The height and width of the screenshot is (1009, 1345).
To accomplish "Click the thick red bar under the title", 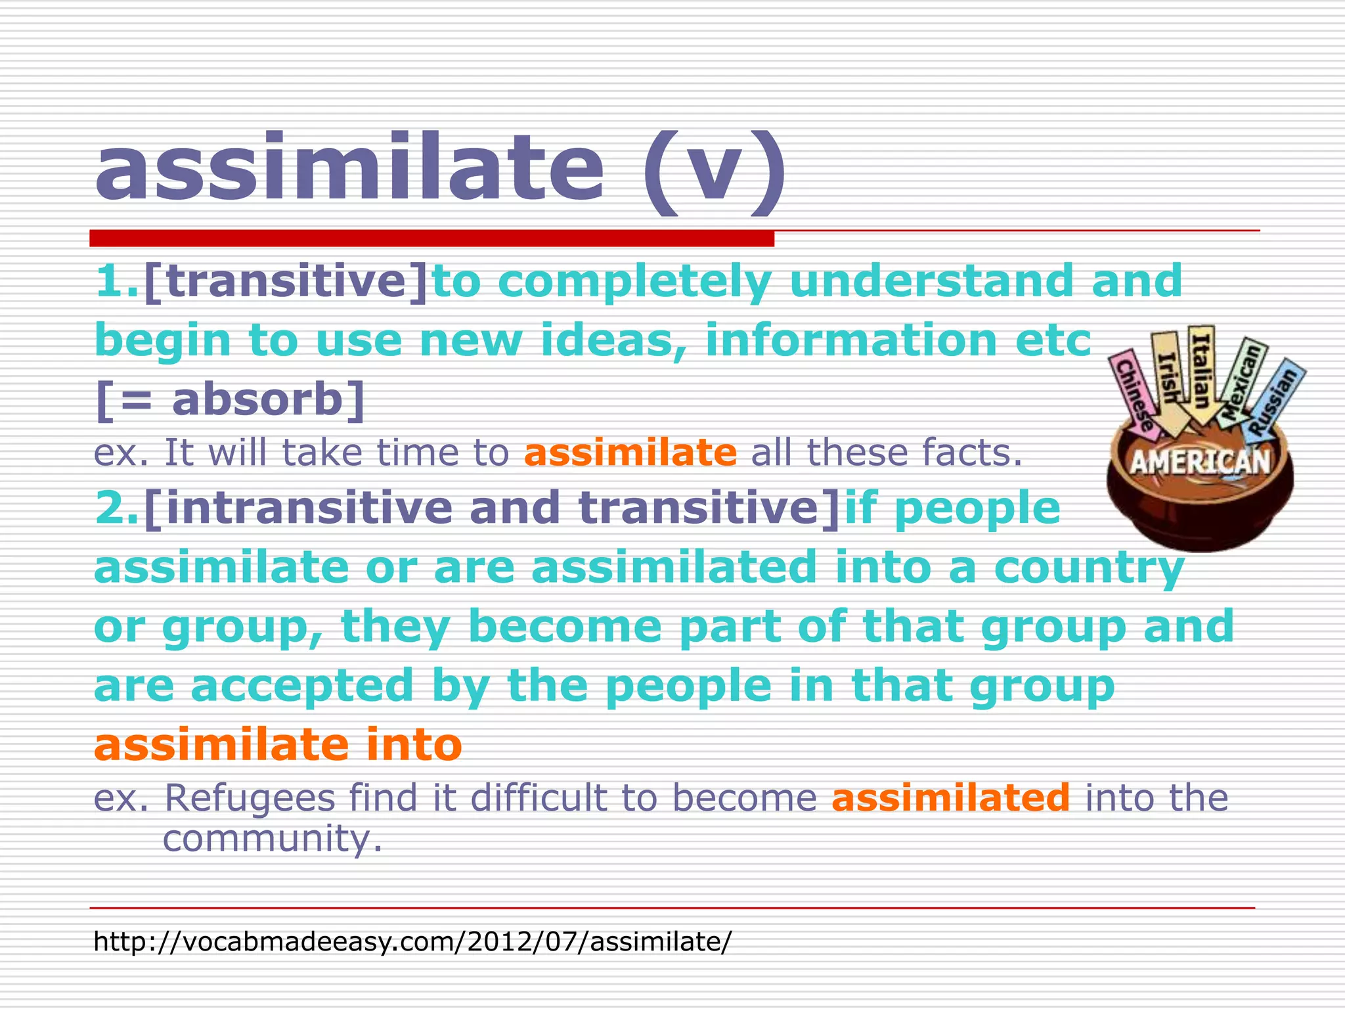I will [431, 238].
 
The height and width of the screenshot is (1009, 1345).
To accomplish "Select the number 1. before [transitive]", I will [117, 281].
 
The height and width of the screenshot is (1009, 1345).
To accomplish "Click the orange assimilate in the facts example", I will [630, 453].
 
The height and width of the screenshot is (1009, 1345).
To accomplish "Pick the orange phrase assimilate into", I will [278, 745].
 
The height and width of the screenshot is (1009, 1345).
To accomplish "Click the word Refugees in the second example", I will [250, 797].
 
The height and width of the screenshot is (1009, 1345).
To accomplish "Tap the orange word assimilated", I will [950, 797].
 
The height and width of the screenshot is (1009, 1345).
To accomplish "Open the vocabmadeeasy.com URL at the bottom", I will [412, 941].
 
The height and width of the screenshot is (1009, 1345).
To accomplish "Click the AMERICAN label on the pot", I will [1201, 462].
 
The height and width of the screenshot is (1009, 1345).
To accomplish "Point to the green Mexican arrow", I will [1241, 381].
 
